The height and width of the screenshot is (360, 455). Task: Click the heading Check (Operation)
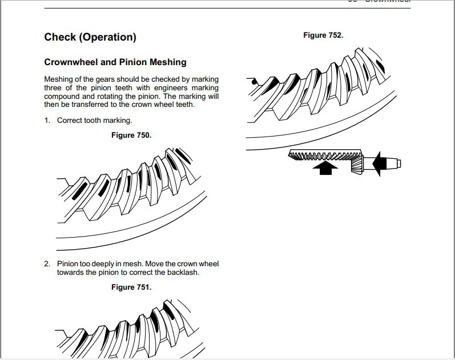pos(90,38)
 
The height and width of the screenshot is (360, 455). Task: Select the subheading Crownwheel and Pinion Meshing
pos(115,62)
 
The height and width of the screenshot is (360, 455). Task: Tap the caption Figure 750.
pos(131,135)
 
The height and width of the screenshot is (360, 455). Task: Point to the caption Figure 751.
pos(131,287)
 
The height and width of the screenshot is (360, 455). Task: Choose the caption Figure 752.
pos(323,35)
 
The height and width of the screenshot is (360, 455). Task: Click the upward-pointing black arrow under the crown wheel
pos(325,167)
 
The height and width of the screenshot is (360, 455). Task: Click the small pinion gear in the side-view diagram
pos(357,165)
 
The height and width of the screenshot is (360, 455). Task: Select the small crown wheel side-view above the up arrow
pos(324,155)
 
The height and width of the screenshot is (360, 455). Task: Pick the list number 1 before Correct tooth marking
pos(47,121)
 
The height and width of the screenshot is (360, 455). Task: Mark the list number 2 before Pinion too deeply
pos(47,264)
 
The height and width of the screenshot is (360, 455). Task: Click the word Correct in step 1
pos(70,121)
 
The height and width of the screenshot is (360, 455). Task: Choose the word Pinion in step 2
pos(68,264)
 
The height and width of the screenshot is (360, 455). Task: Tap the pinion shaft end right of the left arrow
pos(393,164)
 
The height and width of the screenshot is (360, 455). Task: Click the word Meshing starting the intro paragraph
pos(59,79)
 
